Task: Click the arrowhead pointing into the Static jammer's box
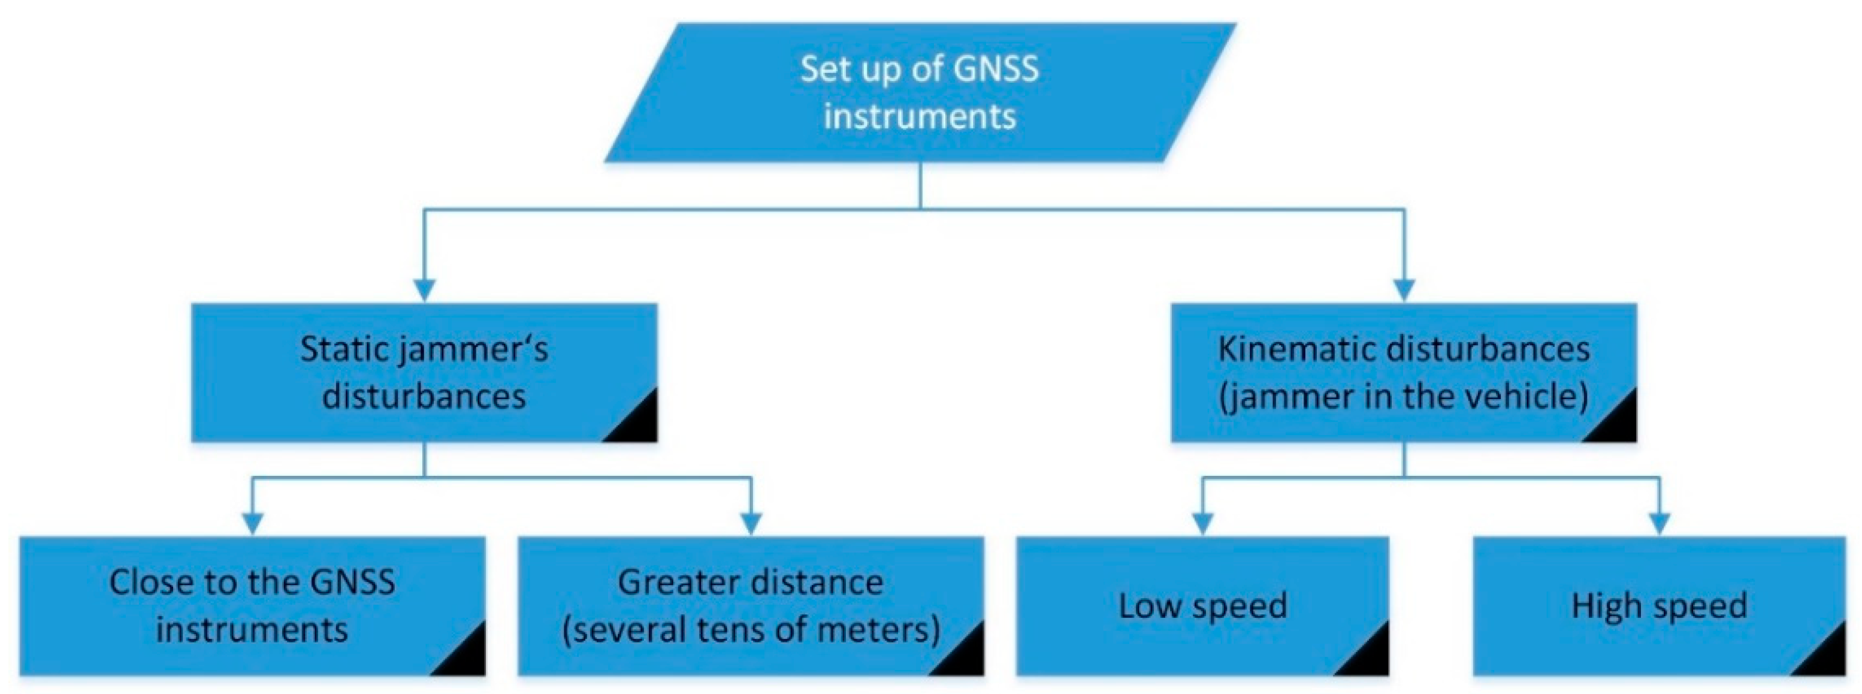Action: tap(424, 290)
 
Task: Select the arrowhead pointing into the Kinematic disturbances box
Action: tap(1404, 290)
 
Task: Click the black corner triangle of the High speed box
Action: tap(1827, 658)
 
